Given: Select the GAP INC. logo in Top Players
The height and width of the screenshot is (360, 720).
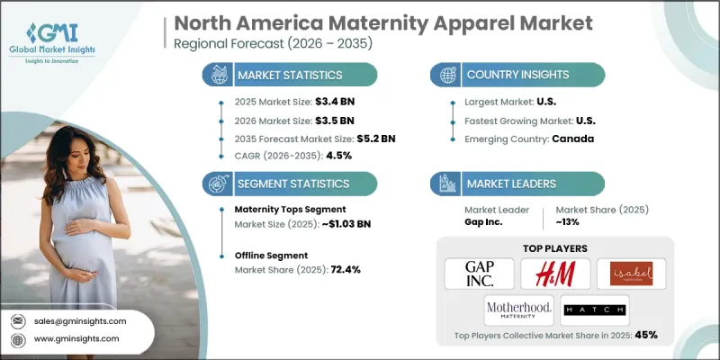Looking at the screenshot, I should click(x=480, y=274).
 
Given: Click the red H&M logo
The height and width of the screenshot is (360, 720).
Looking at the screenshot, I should click(x=555, y=274).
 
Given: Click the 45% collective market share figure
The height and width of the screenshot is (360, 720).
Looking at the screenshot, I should click(x=645, y=335).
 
